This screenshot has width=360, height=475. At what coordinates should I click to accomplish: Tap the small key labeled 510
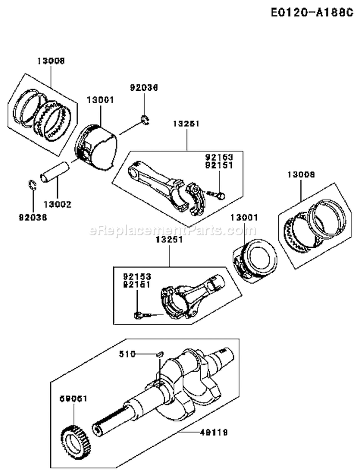(x=159, y=354)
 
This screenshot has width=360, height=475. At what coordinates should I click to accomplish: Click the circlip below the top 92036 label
(x=144, y=120)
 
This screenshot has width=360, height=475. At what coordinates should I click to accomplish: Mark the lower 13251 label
(x=168, y=239)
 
